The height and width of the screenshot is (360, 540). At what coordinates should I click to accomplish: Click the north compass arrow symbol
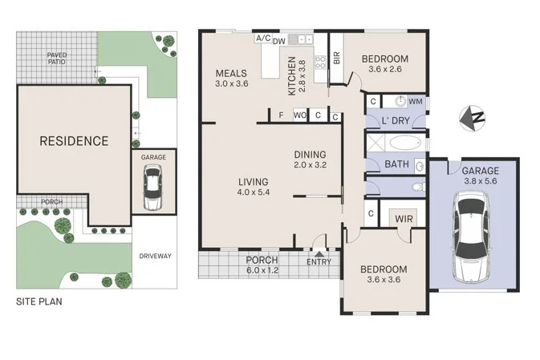pyautogui.click(x=472, y=119)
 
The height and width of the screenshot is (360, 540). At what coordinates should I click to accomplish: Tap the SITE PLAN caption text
pyautogui.click(x=40, y=302)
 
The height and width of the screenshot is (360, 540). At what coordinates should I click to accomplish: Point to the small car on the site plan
pyautogui.click(x=152, y=192)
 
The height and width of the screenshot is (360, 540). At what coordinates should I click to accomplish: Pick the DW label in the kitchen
pyautogui.click(x=279, y=40)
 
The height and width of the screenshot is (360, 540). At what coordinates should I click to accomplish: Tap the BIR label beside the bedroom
pyautogui.click(x=337, y=59)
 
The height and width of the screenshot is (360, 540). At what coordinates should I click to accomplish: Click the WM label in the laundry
pyautogui.click(x=416, y=102)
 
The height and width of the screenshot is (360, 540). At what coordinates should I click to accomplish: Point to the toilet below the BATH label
pyautogui.click(x=415, y=187)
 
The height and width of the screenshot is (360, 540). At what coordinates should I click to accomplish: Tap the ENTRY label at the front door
pyautogui.click(x=319, y=261)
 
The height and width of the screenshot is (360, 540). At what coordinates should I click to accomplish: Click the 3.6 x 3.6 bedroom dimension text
pyautogui.click(x=384, y=281)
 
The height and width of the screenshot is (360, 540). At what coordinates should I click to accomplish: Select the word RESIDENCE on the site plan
pyautogui.click(x=74, y=141)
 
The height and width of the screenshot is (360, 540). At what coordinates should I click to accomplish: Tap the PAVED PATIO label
pyautogui.click(x=57, y=58)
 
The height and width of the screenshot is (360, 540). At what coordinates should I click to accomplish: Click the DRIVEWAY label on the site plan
pyautogui.click(x=156, y=257)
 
